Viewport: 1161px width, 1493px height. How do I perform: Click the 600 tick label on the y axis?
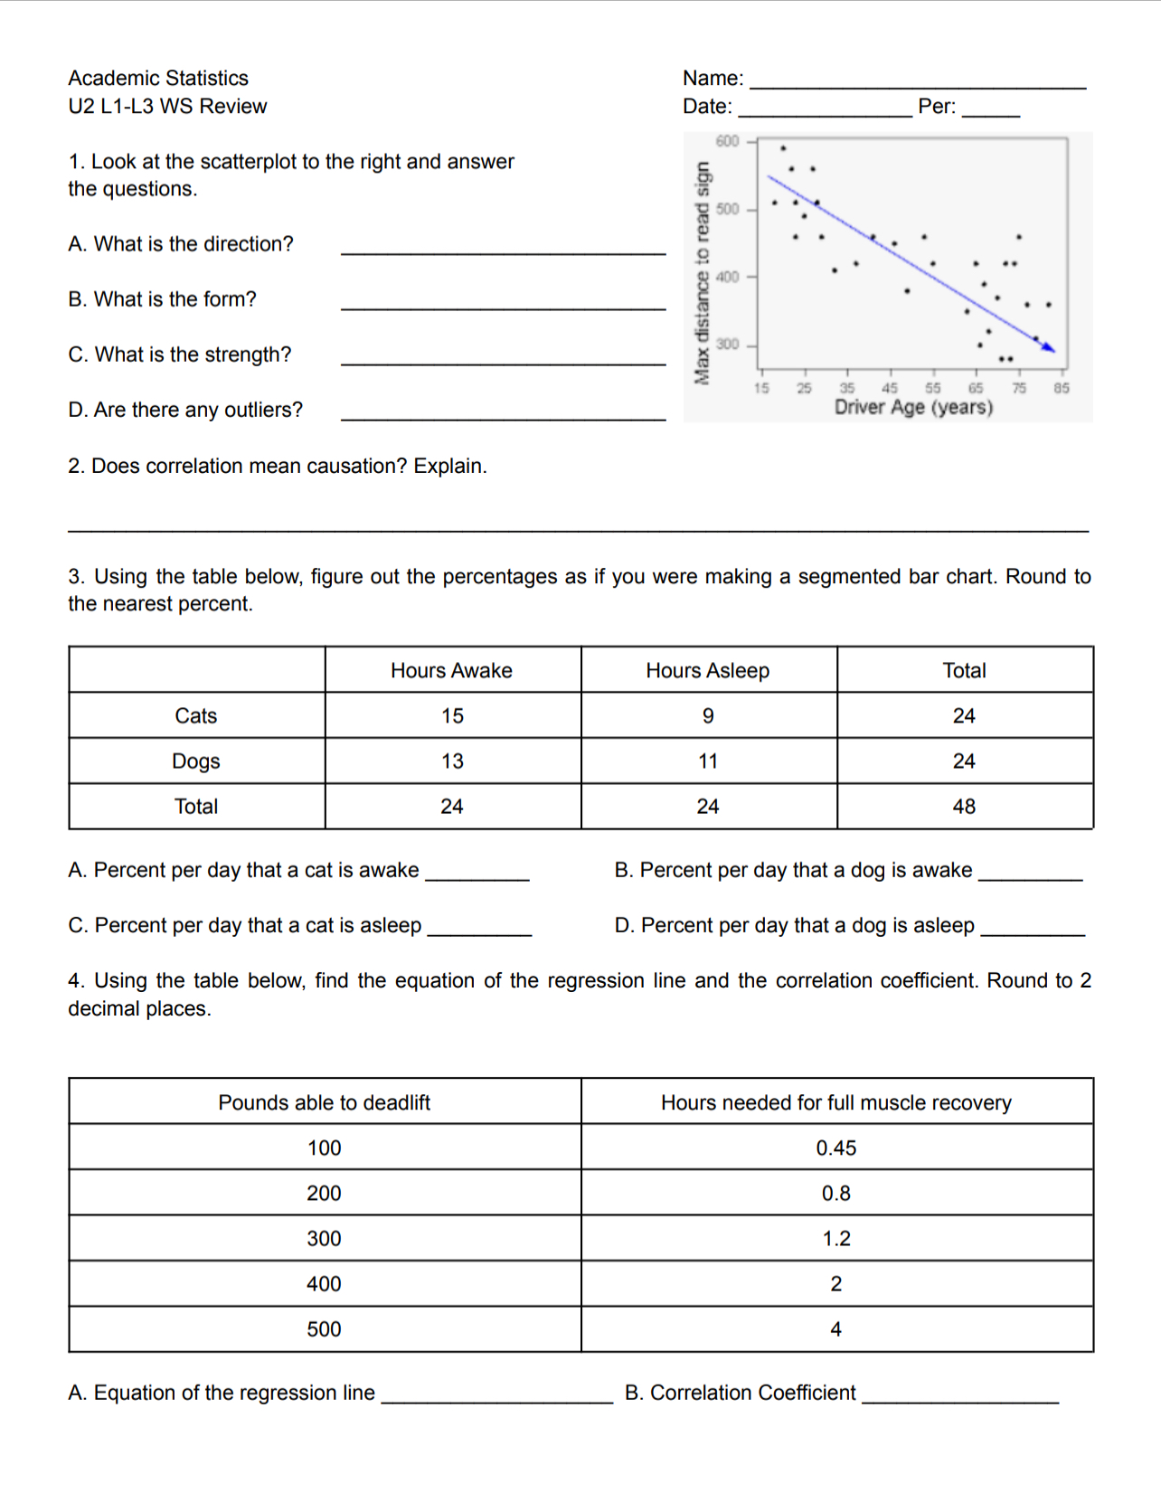coord(727,141)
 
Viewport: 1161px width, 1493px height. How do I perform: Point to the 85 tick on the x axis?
coord(1061,388)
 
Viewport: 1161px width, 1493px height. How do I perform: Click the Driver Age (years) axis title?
coord(913,407)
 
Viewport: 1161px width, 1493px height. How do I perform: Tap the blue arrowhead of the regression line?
coord(1049,346)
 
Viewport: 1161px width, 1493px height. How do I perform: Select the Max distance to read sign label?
coord(702,272)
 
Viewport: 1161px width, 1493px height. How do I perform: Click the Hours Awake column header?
coord(451,670)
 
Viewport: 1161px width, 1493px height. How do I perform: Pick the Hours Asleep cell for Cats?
coord(708,716)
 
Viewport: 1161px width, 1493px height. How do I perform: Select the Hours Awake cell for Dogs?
coord(452,761)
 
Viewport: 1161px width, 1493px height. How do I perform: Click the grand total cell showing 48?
coord(964,807)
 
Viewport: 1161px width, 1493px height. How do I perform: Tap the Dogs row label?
coord(196,761)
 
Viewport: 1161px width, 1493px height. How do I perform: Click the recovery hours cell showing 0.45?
coord(835,1148)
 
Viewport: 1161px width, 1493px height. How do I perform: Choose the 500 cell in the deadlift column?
coord(324,1329)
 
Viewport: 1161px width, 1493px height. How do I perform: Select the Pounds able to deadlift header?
coord(324,1102)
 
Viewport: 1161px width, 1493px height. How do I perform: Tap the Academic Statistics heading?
coord(158,78)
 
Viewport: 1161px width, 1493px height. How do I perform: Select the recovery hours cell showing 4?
coord(835,1329)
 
